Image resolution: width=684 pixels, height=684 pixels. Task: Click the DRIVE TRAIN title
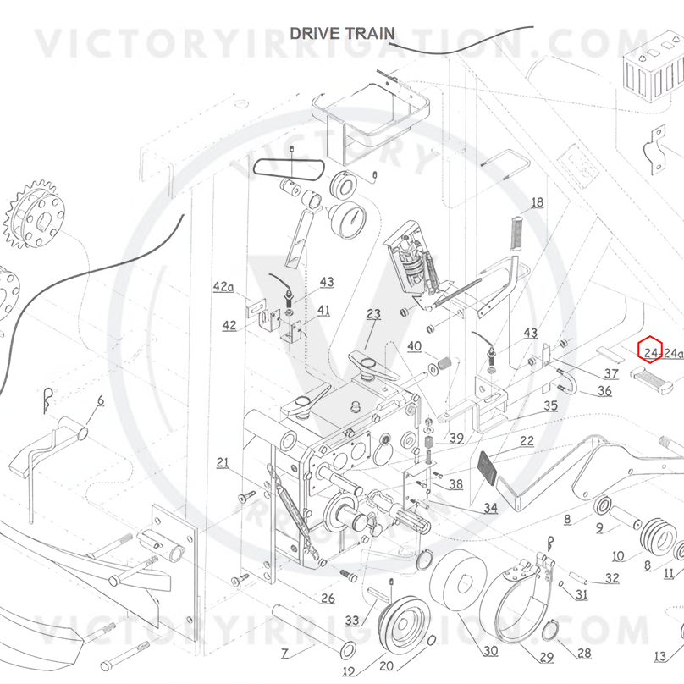[343, 34]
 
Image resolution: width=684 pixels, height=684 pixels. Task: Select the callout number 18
[538, 202]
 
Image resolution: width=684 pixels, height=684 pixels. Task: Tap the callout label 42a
[223, 287]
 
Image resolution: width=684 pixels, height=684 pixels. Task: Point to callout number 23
[373, 314]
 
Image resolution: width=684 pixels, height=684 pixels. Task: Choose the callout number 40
[414, 346]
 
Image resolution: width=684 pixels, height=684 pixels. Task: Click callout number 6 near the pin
[101, 401]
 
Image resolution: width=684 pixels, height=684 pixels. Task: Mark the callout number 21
[223, 462]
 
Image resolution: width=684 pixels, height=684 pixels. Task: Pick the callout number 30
[491, 651]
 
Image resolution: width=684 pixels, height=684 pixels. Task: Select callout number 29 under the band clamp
[547, 657]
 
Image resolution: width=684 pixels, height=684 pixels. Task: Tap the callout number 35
[550, 405]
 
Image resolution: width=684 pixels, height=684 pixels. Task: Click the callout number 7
[284, 654]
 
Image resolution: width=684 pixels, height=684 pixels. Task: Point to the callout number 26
[328, 598]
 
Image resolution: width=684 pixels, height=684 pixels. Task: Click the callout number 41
[323, 310]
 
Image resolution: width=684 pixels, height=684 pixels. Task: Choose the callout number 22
[527, 440]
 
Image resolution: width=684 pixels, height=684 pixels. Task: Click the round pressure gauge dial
[348, 219]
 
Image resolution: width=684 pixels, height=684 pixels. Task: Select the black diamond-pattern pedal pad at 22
[488, 468]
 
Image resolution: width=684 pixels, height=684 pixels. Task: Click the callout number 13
[660, 656]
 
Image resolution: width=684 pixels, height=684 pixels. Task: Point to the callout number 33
[351, 620]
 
